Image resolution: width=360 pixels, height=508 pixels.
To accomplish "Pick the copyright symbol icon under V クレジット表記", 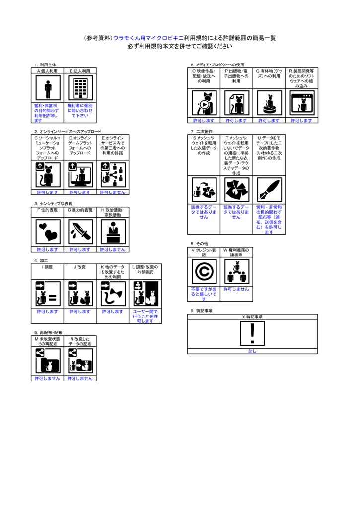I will point(204,271).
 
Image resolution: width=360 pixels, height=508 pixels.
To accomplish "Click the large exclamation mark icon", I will point(252,334).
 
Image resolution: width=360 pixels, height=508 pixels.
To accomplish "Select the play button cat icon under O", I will point(204,103).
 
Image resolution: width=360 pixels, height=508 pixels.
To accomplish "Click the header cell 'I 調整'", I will point(48,267).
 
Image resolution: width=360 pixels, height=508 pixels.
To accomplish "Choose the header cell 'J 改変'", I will point(80,267).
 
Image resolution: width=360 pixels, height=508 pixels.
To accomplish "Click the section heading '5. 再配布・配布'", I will point(48,332).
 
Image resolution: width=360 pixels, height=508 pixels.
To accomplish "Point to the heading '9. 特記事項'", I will point(202,310).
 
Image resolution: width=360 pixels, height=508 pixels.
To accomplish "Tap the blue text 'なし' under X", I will point(252,351).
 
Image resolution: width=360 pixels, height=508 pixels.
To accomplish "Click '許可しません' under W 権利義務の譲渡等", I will point(236,289).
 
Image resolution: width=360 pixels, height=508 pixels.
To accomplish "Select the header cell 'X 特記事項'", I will point(252,317).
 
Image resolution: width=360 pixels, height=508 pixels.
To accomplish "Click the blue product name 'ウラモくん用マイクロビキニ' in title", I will point(148,38).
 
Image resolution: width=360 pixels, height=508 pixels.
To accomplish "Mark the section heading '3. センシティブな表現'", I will point(53,204).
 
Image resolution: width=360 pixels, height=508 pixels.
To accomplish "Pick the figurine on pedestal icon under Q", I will point(269,103).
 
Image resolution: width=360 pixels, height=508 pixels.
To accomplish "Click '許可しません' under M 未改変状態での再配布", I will point(48,378).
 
